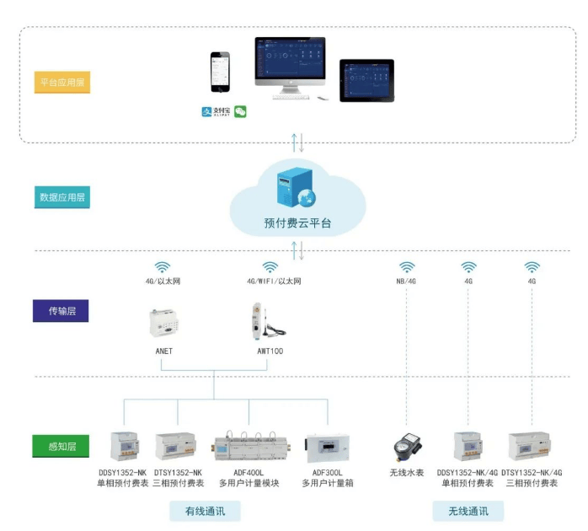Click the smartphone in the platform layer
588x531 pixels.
coord(220,73)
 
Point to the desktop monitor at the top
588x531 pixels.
coord(291,63)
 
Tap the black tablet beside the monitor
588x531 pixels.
coord(366,80)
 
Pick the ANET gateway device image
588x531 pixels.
coord(164,322)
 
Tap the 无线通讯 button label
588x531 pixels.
coord(468,511)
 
